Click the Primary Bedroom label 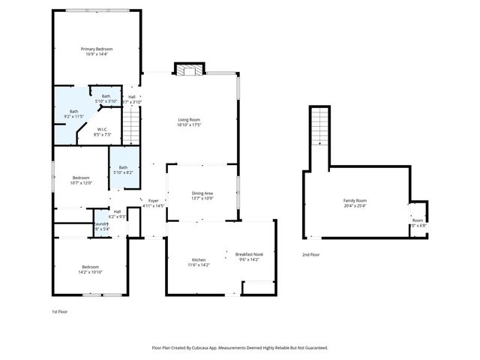97,49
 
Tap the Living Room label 188,119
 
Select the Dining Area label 203,193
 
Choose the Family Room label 355,200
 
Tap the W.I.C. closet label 103,129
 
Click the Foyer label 153,200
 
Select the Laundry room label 100,223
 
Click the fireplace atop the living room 188,70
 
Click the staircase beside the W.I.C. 132,124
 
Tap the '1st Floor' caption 59,310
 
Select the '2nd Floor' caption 311,255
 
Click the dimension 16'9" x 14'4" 97,54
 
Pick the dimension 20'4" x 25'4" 355,205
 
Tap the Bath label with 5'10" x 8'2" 123,167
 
